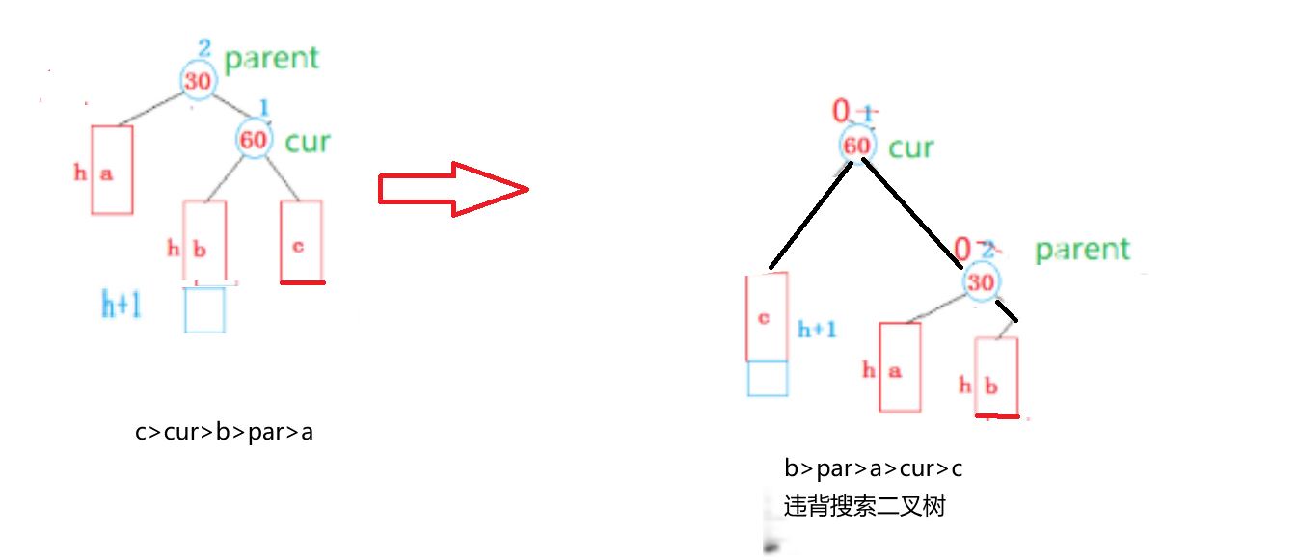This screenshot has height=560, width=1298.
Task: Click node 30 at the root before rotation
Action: click(x=198, y=81)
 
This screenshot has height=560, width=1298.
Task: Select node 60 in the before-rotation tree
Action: click(x=254, y=140)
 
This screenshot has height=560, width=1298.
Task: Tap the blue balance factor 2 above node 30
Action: click(x=203, y=48)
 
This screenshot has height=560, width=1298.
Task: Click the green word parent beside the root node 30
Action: click(x=271, y=58)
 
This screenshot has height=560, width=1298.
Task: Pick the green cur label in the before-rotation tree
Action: click(x=308, y=142)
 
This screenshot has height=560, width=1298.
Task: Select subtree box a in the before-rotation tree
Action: click(x=112, y=171)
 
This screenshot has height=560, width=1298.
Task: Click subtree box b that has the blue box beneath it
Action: click(x=204, y=243)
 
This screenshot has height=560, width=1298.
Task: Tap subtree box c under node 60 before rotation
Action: click(x=302, y=241)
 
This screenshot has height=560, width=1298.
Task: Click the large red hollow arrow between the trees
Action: click(x=453, y=189)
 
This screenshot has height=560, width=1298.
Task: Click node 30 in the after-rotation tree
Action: click(x=981, y=282)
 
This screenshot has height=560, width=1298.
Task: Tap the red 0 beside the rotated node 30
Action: click(x=962, y=250)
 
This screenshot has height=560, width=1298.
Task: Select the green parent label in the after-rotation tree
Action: click(x=1082, y=250)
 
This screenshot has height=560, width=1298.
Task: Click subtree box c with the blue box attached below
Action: click(x=768, y=316)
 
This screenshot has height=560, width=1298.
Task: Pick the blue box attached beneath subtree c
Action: click(x=768, y=379)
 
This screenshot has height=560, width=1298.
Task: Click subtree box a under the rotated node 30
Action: click(x=900, y=367)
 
